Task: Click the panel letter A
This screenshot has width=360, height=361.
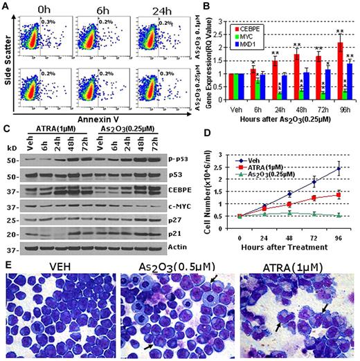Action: [6, 6]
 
